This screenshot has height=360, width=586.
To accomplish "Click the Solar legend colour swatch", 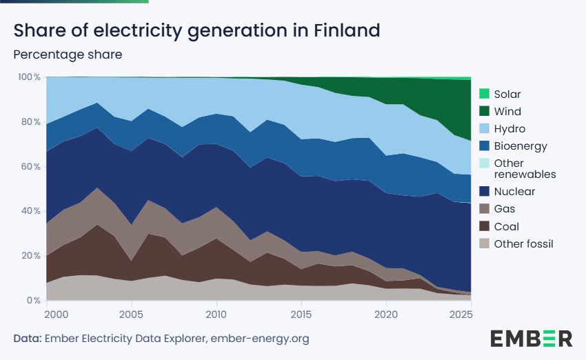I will tap(484, 94).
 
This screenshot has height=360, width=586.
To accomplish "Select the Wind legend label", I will tap(507, 112).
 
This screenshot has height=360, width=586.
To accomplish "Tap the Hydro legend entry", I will tap(509, 129).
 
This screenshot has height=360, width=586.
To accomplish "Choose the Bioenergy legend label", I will tap(521, 146).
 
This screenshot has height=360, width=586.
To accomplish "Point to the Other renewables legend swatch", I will tap(484, 163).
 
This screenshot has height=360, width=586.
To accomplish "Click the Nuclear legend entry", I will tap(514, 192).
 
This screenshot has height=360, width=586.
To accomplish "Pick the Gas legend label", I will tap(505, 209).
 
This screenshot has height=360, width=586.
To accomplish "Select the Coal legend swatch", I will tap(484, 226).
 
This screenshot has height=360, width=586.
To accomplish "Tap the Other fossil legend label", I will tap(524, 243).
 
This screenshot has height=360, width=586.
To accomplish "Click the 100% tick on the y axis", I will tap(29, 77).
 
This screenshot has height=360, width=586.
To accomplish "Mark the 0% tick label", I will tap(33, 301).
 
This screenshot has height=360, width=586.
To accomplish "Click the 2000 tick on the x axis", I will tap(57, 315).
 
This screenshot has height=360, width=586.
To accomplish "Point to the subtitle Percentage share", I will tap(68, 54).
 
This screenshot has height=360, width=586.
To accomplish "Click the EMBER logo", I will tap(531, 338).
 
